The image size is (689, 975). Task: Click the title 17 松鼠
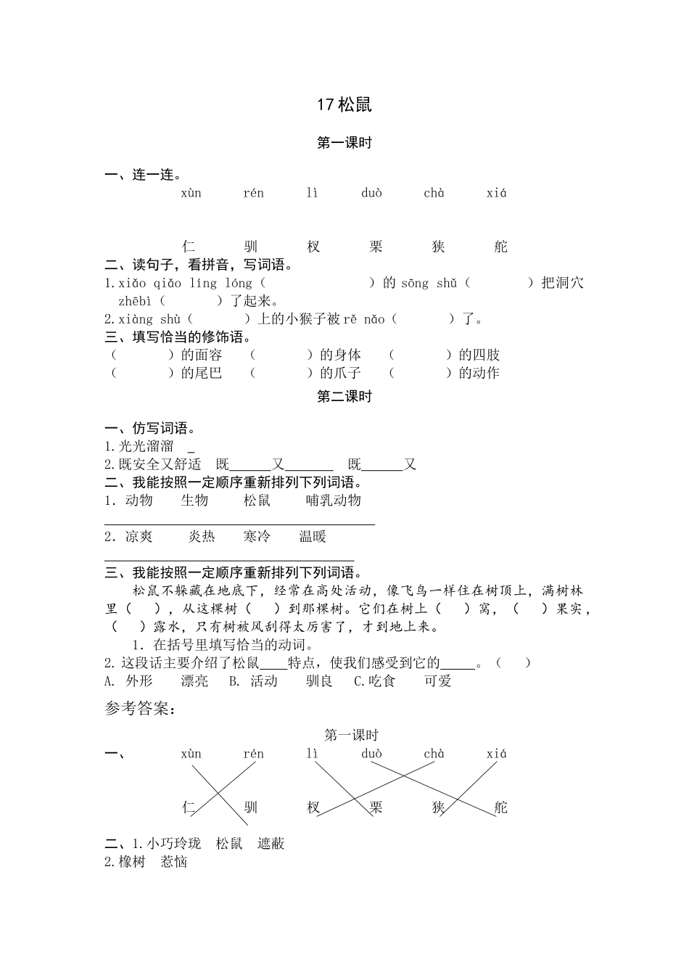click(x=344, y=104)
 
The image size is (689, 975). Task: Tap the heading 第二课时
click(x=344, y=396)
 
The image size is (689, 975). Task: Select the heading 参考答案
click(x=139, y=709)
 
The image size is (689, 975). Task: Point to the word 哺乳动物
click(x=333, y=500)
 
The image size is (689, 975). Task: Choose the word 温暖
click(x=313, y=536)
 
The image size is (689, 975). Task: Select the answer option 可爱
click(x=438, y=680)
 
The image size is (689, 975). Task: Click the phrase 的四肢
click(x=479, y=355)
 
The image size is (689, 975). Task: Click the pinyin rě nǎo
click(x=365, y=318)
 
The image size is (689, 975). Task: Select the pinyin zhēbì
click(x=135, y=300)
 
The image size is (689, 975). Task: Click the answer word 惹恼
click(x=174, y=861)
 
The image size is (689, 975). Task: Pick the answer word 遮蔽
click(x=271, y=843)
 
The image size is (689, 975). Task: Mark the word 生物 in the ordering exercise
click(x=194, y=500)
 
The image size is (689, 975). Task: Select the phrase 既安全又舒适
click(x=160, y=464)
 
